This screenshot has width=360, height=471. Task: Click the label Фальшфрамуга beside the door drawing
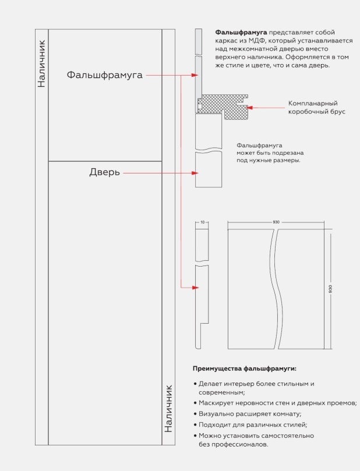coord(104,75)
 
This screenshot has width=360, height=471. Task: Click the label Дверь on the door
coord(105,172)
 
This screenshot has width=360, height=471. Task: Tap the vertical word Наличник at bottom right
coord(168,407)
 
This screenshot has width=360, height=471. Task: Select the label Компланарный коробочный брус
coord(313,107)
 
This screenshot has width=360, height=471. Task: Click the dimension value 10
coord(201,222)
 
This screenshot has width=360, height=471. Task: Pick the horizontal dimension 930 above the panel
coord(276,222)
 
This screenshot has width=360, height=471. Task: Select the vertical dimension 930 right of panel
coord(331,289)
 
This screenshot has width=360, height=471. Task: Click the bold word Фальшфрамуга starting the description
coord(241,32)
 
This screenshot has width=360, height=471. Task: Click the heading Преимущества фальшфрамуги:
coord(245,369)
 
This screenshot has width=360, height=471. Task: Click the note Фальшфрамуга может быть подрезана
coord(269,153)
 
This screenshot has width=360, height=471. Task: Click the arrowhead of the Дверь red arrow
coord(195,173)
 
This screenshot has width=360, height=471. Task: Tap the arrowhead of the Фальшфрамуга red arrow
coord(195,75)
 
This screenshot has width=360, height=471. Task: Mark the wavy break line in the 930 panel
coord(273,289)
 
